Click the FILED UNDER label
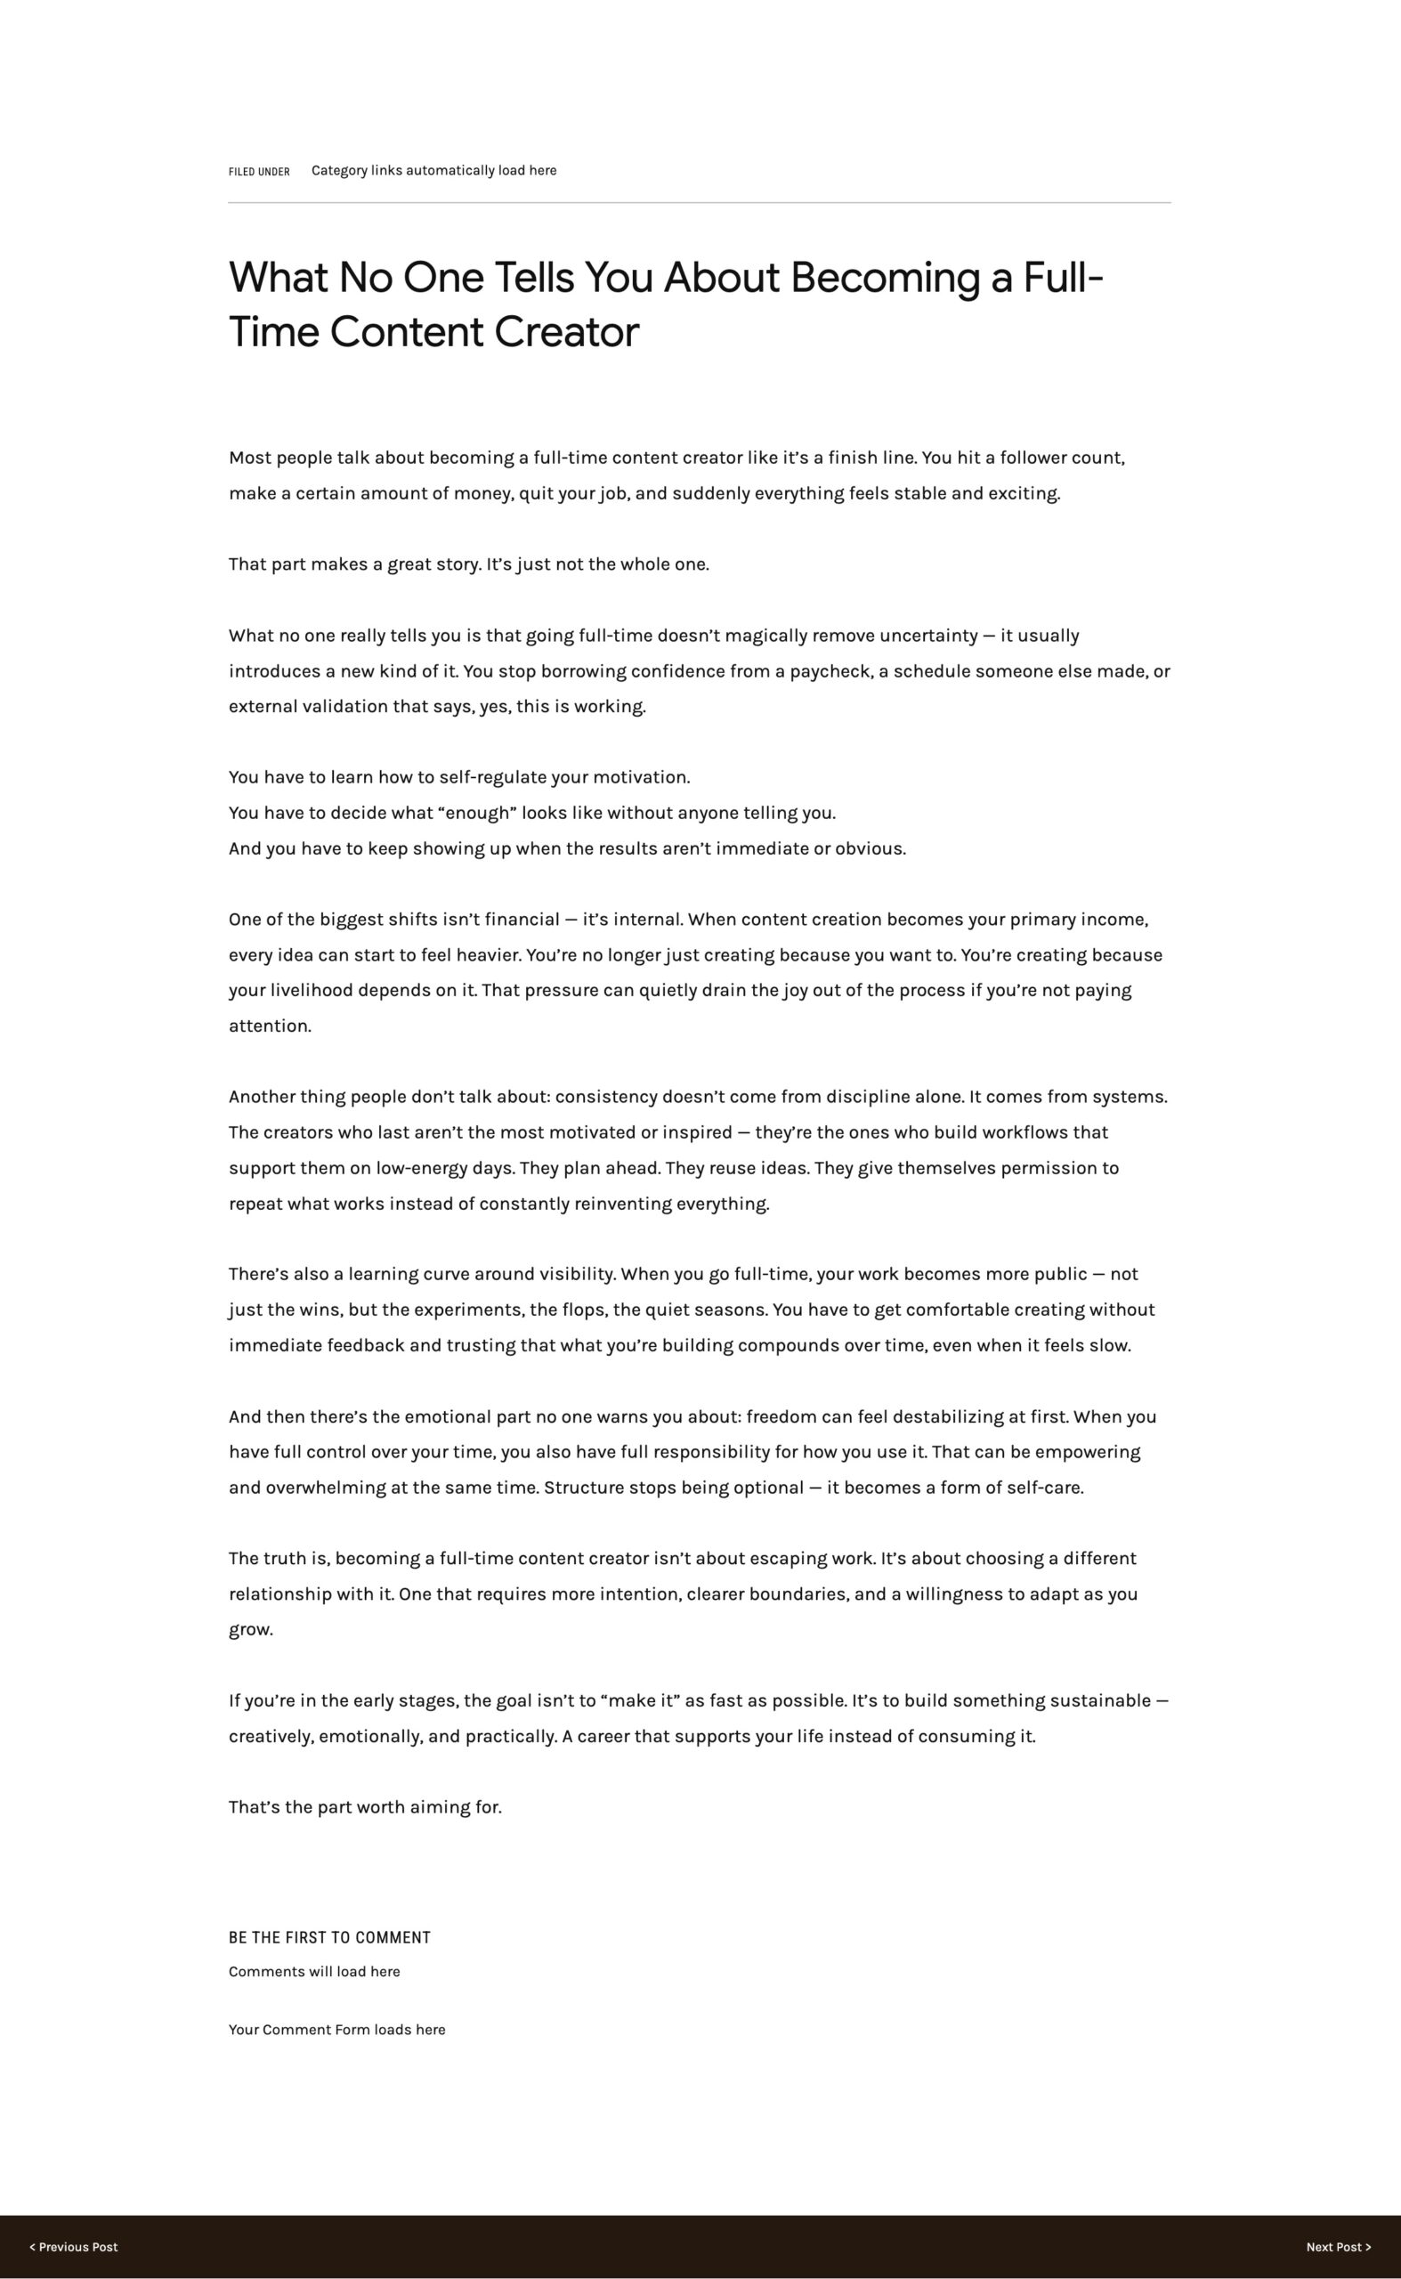258,172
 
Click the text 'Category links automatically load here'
433,171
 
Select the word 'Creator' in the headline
566,332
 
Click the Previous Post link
73,2247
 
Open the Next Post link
1338,2247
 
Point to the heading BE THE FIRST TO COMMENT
329,1937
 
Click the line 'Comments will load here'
314,1971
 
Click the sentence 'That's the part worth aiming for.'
365,1807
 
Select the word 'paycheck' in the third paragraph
830,671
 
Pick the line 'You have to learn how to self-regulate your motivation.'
458,776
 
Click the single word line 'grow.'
250,1629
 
